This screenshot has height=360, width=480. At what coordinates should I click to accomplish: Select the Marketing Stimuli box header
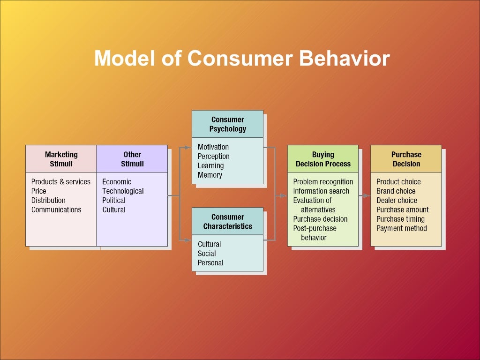[61, 159]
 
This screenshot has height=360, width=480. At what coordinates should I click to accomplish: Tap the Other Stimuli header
[132, 159]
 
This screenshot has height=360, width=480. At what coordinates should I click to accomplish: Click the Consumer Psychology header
[227, 124]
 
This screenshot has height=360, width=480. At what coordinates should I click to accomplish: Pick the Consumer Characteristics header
[227, 221]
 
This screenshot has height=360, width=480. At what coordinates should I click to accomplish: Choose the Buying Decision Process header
[323, 159]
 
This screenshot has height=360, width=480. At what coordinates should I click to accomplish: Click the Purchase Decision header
[406, 159]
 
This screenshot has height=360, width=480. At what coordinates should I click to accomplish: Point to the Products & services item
[60, 181]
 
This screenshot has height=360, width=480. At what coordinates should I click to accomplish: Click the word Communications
[56, 210]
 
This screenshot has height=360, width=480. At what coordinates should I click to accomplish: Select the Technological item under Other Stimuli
[123, 191]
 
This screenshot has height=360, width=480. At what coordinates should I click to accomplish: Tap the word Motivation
[213, 147]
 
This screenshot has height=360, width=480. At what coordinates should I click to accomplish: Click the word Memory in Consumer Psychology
[210, 175]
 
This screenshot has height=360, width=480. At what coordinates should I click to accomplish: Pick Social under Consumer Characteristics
[207, 253]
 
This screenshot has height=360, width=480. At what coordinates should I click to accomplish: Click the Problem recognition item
[323, 181]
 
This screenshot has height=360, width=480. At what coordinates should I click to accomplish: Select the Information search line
[321, 191]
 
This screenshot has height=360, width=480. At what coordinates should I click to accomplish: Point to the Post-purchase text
[315, 228]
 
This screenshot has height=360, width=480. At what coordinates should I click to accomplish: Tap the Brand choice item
[396, 191]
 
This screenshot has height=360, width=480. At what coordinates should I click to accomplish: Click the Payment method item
[401, 228]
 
